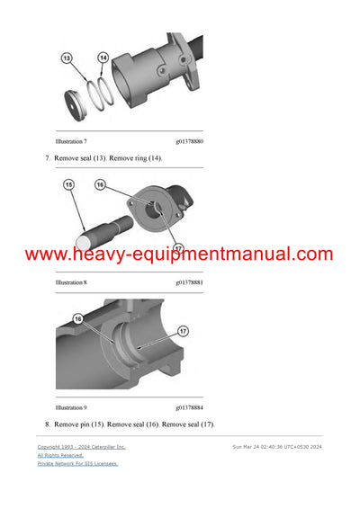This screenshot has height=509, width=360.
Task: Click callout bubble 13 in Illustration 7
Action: click(66, 58)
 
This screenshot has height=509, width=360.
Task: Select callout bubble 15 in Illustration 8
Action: click(68, 185)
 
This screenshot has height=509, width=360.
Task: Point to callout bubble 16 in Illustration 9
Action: click(78, 318)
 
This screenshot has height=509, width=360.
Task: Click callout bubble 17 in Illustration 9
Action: click(183, 331)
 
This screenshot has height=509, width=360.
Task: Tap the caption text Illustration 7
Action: click(71, 142)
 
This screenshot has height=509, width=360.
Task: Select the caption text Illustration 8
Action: click(71, 282)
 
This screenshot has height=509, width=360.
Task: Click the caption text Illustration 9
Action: click(71, 407)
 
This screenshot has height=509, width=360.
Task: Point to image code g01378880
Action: click(189, 142)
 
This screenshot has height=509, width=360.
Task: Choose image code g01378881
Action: click(189, 282)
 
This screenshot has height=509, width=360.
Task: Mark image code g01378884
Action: click(189, 407)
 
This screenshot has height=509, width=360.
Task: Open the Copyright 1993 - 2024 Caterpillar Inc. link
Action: click(81, 446)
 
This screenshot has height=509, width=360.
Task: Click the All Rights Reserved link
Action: click(60, 455)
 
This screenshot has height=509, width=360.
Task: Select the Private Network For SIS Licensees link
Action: click(77, 464)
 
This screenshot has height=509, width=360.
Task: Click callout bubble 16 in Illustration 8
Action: click(100, 184)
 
